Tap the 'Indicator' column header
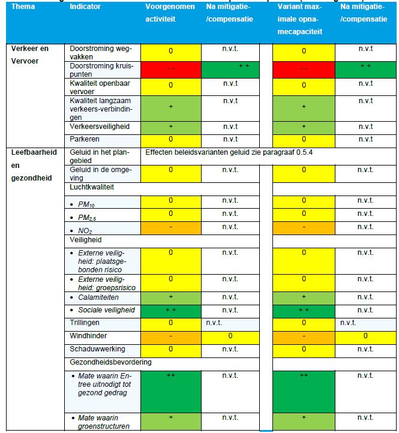pos(85,7)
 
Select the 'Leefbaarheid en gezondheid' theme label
pos(34,165)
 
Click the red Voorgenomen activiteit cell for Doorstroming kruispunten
pos(170,69)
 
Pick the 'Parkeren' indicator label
pos(85,139)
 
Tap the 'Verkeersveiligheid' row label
pos(100,127)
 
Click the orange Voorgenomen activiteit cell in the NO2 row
pos(170,227)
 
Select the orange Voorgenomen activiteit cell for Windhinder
pos(170,336)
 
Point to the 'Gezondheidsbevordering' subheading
pos(110,362)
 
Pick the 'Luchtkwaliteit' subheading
pos(92,187)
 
